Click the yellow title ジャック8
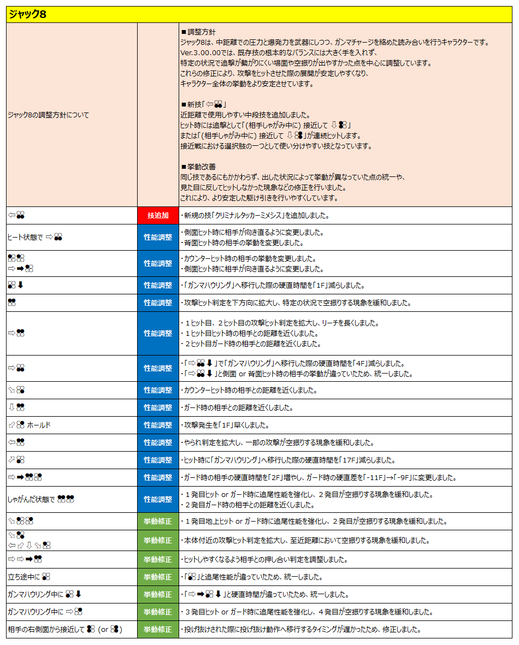pos(27,15)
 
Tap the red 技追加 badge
pos(158,216)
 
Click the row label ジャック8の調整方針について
pos(48,115)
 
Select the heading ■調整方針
pos(198,32)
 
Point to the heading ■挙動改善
pos(198,166)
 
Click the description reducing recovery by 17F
pos(293,460)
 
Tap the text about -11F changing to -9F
pos(319,478)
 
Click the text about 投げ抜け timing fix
pos(300,630)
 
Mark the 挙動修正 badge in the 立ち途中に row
pos(158,577)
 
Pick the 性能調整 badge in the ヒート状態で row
pos(158,237)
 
